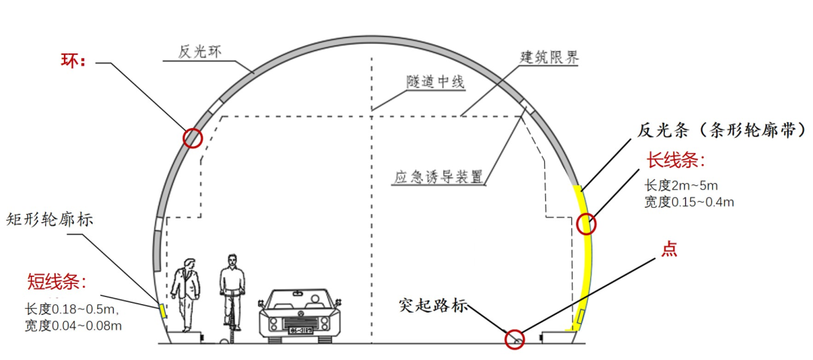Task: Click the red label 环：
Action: tap(75, 60)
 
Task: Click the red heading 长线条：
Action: tap(677, 160)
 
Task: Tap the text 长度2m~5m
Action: tap(681, 185)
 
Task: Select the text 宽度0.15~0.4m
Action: tap(689, 202)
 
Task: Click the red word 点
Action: tap(668, 249)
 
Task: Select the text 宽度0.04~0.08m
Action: tap(73, 325)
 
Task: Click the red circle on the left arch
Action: tap(193, 138)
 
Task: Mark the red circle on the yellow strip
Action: tap(586, 224)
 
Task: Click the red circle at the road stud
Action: tap(515, 340)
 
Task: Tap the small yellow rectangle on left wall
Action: tap(161, 310)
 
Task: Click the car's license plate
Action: tap(297, 329)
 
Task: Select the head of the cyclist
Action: tap(233, 261)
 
